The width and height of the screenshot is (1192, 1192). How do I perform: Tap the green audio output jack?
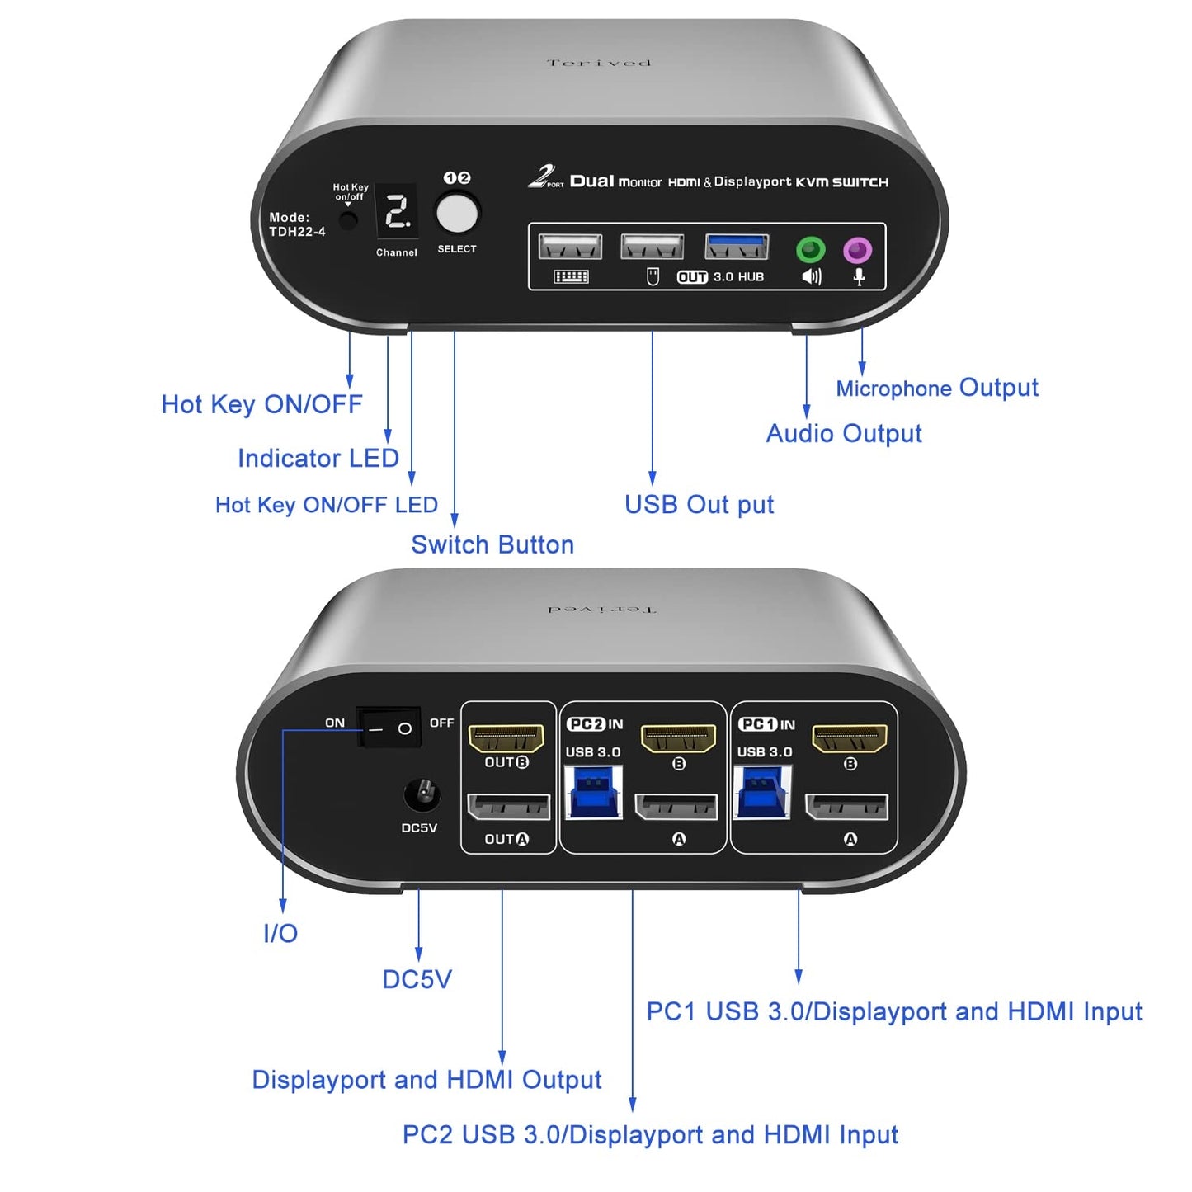(810, 249)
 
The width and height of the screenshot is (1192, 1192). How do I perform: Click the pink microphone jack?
(858, 249)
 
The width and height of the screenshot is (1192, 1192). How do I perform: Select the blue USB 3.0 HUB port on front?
(737, 247)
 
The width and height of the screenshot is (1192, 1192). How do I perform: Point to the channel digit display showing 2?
(398, 212)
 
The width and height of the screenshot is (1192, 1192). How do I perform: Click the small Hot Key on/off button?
(349, 220)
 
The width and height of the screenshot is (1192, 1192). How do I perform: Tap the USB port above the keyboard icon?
(570, 247)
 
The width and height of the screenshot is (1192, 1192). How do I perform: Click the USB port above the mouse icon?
(652, 247)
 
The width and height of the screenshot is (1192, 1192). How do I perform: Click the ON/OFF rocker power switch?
(389, 728)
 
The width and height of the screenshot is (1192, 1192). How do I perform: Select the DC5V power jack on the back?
(422, 795)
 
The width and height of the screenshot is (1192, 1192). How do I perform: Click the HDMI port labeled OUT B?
(506, 737)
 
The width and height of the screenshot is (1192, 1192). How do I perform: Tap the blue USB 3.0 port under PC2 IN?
(593, 793)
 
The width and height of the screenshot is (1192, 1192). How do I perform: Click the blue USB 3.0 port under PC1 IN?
(762, 793)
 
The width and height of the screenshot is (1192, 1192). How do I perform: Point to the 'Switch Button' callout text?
(492, 544)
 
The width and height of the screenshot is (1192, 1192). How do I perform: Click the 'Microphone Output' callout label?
(936, 388)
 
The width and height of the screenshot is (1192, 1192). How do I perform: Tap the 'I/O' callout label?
(280, 933)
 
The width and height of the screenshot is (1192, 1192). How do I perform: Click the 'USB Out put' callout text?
(699, 505)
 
